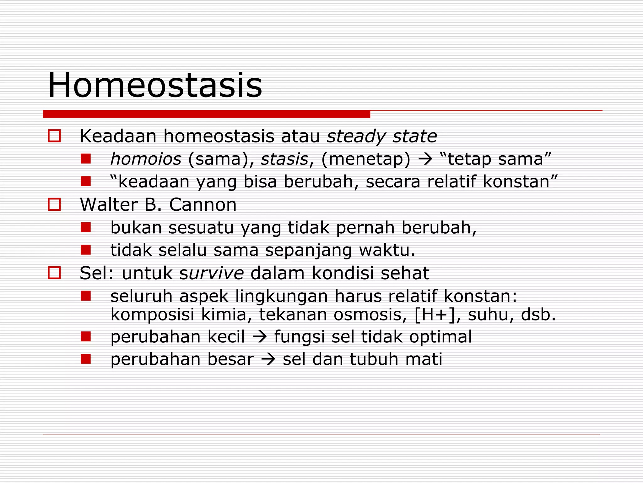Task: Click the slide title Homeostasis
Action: pos(155,86)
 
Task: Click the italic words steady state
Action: pos(382,136)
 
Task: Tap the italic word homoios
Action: pos(146,159)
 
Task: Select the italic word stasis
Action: pos(284,159)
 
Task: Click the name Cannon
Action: pos(203,205)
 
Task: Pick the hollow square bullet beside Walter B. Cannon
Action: pos(54,205)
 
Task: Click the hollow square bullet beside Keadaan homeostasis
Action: pos(54,136)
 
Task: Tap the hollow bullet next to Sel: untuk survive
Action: pos(54,273)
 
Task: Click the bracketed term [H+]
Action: pos(435,315)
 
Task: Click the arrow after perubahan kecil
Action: pos(260,337)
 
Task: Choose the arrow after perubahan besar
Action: pos(268,360)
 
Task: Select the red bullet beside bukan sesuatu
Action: pos(85,227)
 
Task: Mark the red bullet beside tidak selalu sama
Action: pos(85,250)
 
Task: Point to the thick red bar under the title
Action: pos(206,114)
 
